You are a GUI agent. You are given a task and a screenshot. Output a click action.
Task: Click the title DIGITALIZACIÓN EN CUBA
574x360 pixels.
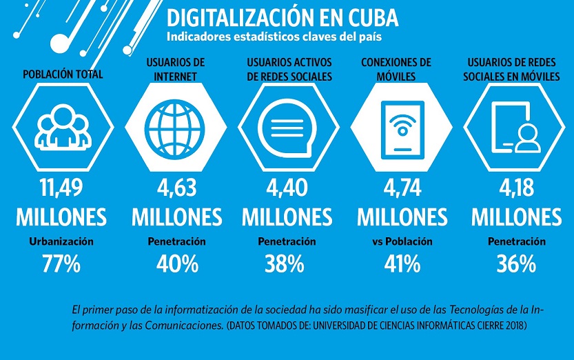click(282, 18)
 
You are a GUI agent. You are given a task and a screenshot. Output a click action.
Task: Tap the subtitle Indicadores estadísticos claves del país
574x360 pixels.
click(274, 36)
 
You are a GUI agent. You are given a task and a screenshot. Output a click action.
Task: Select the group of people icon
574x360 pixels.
click(62, 128)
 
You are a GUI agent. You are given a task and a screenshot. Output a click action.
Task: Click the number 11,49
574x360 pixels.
click(61, 188)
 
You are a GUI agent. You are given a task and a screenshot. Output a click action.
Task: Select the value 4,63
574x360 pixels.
click(176, 188)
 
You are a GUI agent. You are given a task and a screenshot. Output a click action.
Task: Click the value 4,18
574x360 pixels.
click(515, 188)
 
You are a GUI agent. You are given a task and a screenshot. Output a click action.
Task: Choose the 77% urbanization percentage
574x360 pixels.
click(61, 263)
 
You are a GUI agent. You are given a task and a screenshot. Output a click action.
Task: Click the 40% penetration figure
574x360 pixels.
click(177, 263)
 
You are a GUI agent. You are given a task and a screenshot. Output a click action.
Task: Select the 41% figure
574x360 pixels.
click(402, 263)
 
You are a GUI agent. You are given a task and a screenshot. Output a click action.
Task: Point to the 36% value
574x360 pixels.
click(515, 263)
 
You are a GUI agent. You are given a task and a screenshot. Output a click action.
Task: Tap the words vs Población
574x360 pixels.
click(401, 241)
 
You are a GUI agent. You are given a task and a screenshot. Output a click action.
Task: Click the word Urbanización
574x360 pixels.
click(61, 241)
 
